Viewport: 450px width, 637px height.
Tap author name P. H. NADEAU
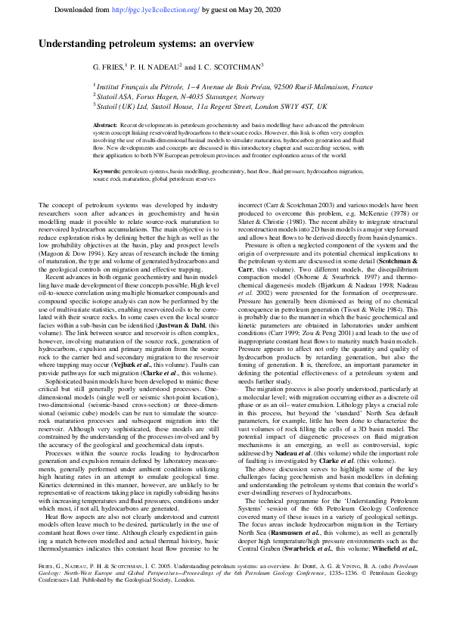(x=154, y=67)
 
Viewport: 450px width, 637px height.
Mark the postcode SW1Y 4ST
(x=290, y=107)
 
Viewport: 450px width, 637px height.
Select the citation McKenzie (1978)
(x=394, y=213)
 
